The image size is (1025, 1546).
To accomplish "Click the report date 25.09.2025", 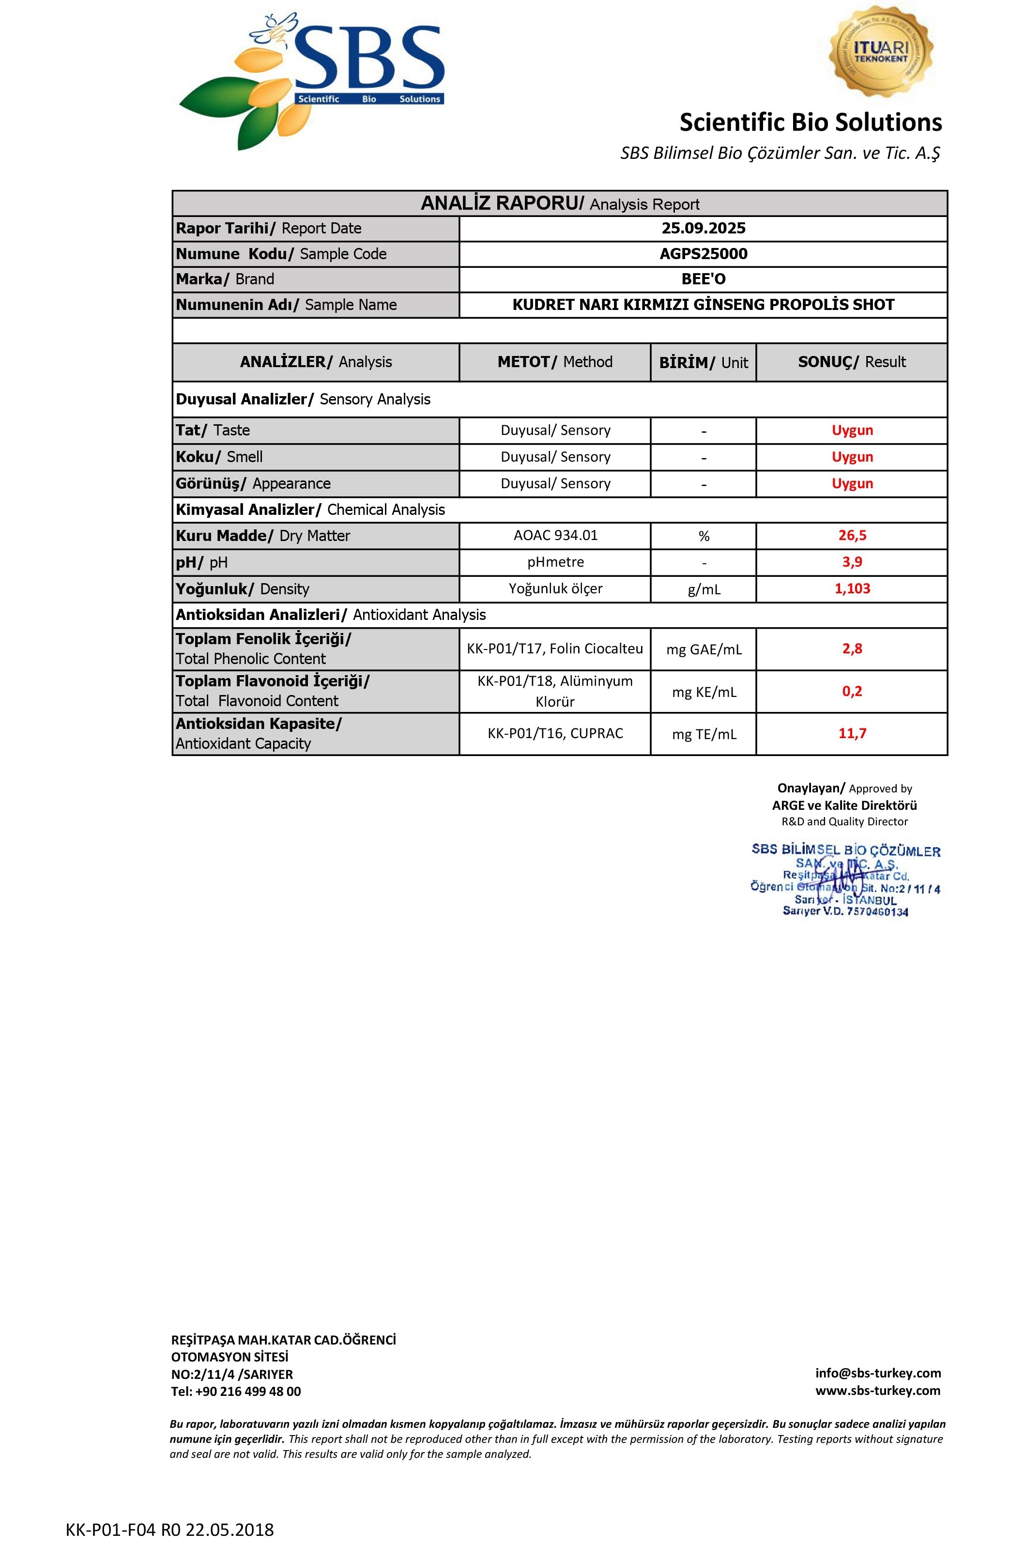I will click(704, 228).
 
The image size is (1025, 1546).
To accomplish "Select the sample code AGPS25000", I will click(704, 254).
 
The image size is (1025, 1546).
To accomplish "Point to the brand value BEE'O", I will click(704, 279).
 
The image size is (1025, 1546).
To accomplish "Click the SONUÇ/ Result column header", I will click(852, 362).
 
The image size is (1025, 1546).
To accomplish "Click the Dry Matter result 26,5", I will click(852, 536).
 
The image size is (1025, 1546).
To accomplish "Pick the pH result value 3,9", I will click(852, 562).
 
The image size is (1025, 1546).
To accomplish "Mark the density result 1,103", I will click(852, 588).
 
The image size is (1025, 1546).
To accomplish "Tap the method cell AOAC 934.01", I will click(555, 536).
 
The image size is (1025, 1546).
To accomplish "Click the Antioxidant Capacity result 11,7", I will click(852, 734).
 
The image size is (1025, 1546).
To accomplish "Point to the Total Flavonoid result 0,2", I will click(852, 691).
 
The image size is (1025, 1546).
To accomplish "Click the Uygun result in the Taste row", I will click(852, 430).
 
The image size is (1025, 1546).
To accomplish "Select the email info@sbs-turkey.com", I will click(877, 1373).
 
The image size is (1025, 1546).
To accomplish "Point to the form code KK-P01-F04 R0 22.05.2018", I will click(169, 1530).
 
